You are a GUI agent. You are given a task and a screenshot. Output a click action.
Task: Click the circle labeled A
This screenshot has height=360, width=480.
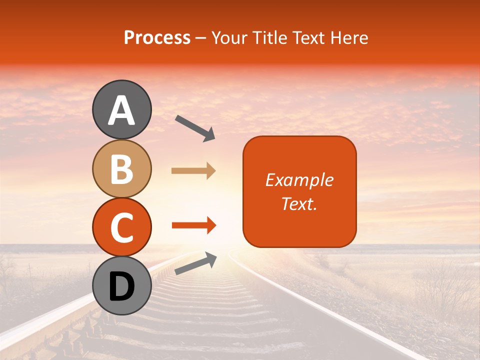click(122, 109)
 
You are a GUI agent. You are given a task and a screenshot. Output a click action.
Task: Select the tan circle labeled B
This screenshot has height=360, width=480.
click(122, 168)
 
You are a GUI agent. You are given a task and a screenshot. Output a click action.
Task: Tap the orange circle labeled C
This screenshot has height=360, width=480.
click(122, 227)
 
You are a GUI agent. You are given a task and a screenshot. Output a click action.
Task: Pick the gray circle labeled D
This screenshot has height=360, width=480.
click(122, 286)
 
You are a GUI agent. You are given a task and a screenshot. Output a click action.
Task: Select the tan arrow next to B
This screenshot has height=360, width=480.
click(193, 171)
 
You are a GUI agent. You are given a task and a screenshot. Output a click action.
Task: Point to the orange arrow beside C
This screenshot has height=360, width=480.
click(193, 226)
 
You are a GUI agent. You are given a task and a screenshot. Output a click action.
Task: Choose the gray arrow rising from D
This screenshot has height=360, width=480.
click(195, 263)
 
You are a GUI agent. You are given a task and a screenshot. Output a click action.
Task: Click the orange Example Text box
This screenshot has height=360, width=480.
click(299, 191)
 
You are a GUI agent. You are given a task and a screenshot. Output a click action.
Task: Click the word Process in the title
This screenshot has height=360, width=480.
click(157, 38)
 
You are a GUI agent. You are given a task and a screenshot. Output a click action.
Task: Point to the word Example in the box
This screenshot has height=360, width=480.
click(299, 180)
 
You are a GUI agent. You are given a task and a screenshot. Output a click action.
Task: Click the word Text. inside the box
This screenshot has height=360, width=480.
click(299, 203)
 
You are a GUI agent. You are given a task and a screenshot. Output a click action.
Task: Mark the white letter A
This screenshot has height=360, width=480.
click(122, 110)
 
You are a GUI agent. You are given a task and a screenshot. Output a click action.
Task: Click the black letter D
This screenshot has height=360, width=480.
click(122, 287)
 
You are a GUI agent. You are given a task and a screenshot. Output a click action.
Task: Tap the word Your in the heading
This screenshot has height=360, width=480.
click(230, 38)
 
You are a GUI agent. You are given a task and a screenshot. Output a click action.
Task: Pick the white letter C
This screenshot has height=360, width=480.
click(122, 228)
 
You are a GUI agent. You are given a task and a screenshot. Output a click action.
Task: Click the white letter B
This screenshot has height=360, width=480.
click(122, 169)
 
